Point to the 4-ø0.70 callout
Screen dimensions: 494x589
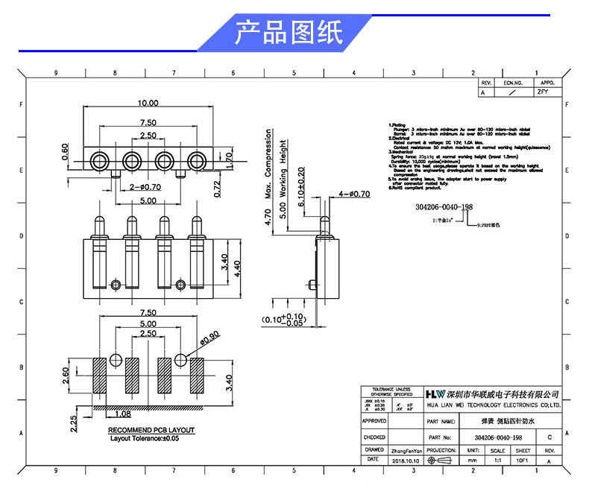(354, 194)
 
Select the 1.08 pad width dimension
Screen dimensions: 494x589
(124, 414)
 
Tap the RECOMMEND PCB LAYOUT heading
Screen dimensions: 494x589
(151, 431)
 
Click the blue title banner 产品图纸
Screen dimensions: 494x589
(288, 33)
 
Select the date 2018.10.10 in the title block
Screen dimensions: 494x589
(406, 461)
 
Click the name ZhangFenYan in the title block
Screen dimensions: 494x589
(406, 451)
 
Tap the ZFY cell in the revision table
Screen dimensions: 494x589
(542, 93)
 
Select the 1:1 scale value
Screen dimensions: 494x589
(497, 461)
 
